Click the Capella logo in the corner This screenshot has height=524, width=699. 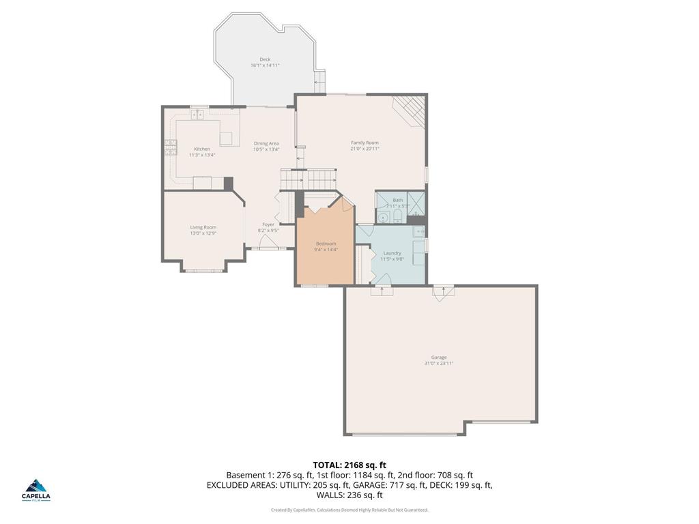coord(37,489)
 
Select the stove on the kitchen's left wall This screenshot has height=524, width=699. coord(169,147)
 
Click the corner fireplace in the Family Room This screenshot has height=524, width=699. coord(412,109)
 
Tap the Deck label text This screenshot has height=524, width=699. coord(265,59)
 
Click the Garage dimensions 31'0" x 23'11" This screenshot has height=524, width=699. coord(438,364)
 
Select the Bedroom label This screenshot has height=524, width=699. coord(326,244)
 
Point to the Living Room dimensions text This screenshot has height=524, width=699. coord(203,233)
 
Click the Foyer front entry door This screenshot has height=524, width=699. coord(263,248)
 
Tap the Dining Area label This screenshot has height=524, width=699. coord(266,143)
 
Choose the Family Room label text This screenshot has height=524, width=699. coord(365,143)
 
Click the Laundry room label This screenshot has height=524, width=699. coord(392,253)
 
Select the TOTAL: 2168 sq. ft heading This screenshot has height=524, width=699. coord(349,465)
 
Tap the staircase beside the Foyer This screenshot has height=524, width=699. coord(308,180)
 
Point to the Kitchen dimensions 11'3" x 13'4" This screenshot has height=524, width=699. coord(202,155)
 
